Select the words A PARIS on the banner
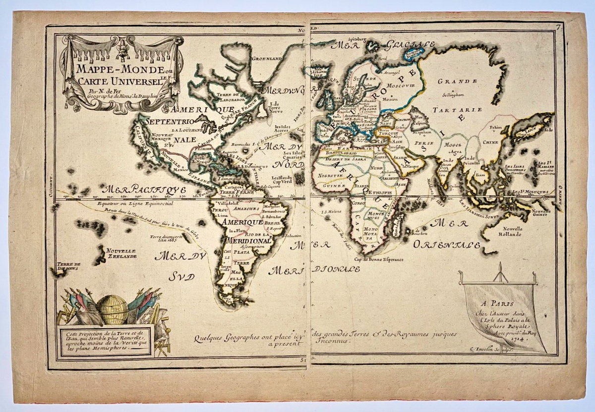click(x=500, y=304)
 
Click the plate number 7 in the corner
click(x=559, y=27)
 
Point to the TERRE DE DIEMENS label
click(x=68, y=267)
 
